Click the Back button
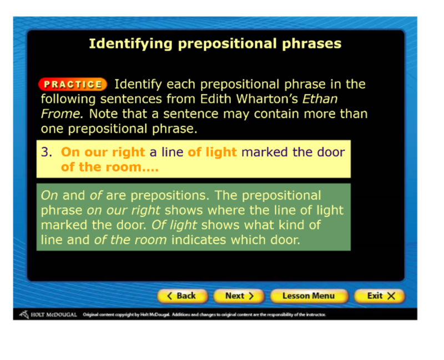point(183,296)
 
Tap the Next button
point(239,296)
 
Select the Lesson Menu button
point(309,296)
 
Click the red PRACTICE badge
point(73,84)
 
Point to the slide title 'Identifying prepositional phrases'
point(215,44)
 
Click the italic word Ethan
point(320,99)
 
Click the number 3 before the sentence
point(47,152)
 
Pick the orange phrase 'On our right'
point(103,153)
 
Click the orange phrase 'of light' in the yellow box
point(212,153)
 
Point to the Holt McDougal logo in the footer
point(48,314)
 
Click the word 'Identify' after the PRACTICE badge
point(138,84)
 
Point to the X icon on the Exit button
point(391,296)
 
